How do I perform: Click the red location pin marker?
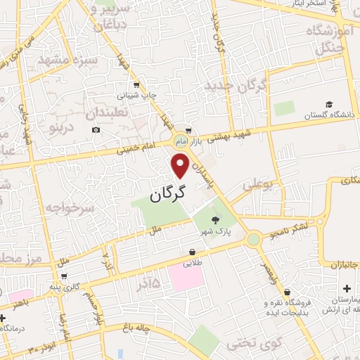pos(181,165)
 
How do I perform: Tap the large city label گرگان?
pos(169,191)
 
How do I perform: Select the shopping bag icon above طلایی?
pos(192,252)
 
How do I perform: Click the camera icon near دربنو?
pos(96,129)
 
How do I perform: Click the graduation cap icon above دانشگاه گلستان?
pos(330,103)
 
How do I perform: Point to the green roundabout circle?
pos(253,240)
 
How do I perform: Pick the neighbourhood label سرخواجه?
pos(70,208)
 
